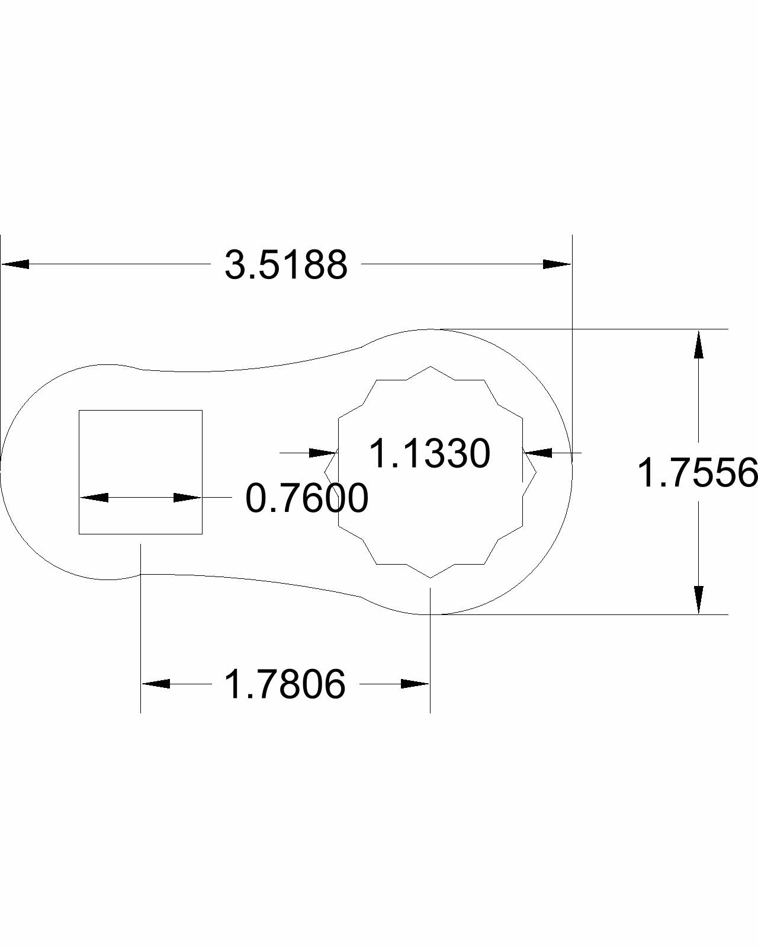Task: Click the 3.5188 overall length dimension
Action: [286, 265]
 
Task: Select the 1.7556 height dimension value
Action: [697, 473]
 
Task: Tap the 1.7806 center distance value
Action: [285, 684]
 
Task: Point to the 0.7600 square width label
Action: [307, 498]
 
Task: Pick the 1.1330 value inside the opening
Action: [430, 454]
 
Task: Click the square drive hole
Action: [141, 450]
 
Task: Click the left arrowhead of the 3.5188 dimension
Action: [15, 264]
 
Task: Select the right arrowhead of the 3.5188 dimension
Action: [557, 264]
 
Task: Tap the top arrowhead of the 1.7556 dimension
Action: [699, 345]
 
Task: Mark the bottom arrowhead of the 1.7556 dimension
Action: [699, 600]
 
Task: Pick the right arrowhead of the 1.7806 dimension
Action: [415, 684]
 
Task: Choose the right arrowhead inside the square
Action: [187, 497]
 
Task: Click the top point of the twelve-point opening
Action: [431, 367]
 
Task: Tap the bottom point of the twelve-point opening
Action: [431, 577]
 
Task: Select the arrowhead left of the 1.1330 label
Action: [323, 453]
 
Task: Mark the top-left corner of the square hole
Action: [79, 410]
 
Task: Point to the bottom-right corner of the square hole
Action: [202, 534]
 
